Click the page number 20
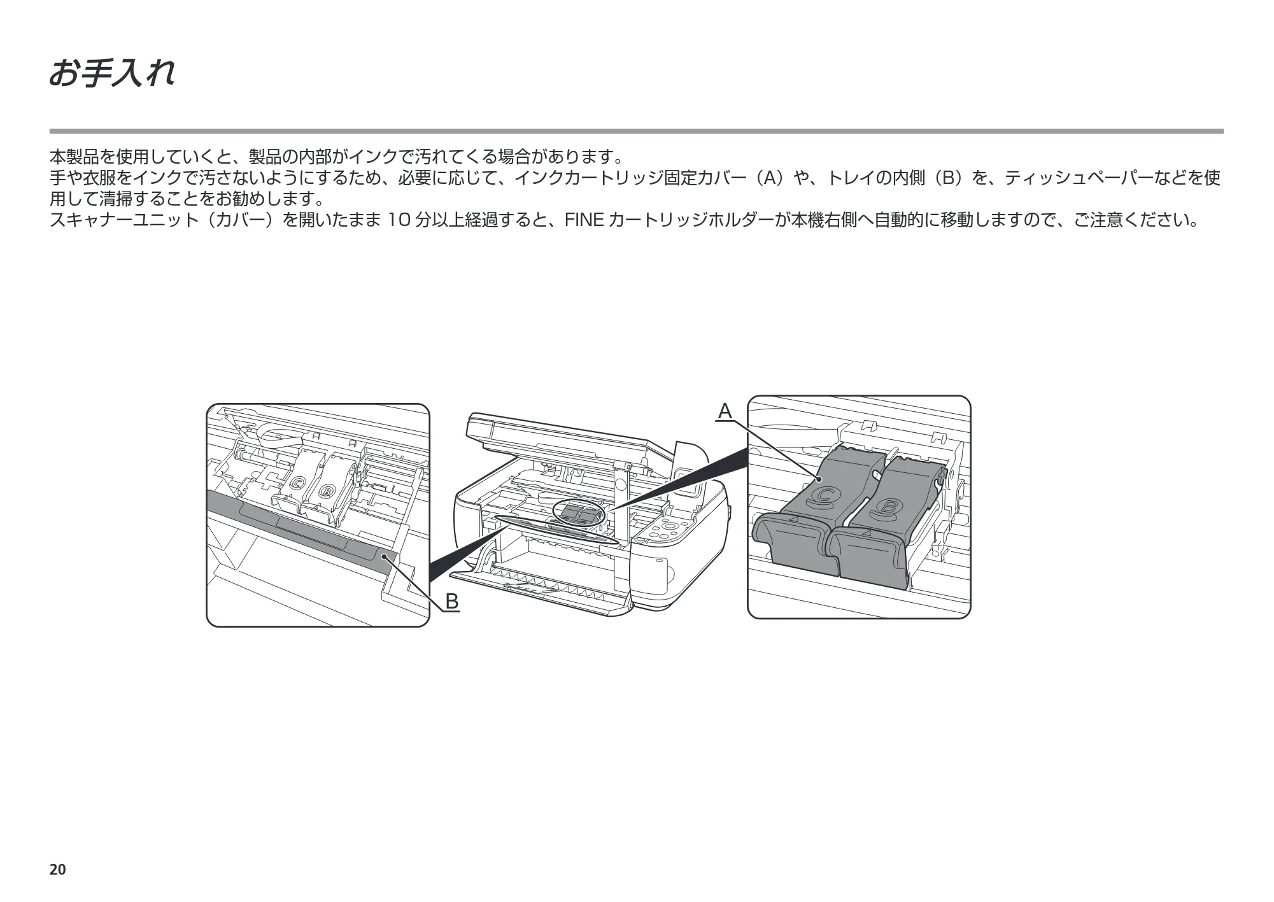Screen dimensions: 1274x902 click(57, 870)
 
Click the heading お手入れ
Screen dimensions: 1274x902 click(112, 74)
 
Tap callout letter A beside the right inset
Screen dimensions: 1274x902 click(725, 411)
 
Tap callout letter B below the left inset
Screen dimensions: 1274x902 click(451, 601)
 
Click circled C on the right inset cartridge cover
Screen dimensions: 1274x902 click(826, 496)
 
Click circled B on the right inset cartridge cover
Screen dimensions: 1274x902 click(887, 507)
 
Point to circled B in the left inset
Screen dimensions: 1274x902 click(325, 491)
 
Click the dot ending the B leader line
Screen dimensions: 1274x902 click(385, 557)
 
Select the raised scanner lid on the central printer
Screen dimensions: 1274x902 click(560, 439)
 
